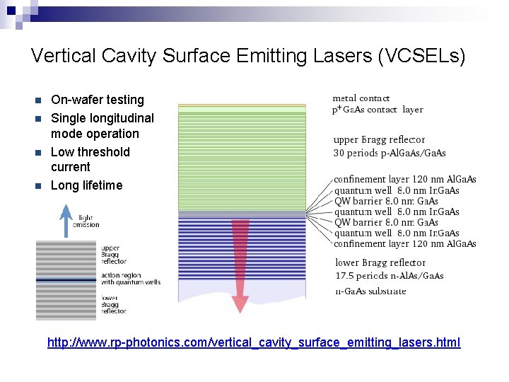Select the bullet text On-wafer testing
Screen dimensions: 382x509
tap(98, 100)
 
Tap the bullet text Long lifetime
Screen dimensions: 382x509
tap(86, 185)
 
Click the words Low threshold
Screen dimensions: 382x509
tap(90, 152)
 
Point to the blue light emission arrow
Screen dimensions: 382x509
tap(66, 219)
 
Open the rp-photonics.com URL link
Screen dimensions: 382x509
tap(253, 342)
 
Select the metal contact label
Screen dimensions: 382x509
tap(361, 98)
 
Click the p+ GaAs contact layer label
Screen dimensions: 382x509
tap(378, 110)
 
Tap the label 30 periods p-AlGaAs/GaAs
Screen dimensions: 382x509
tap(389, 153)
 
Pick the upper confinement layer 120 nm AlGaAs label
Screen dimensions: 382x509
tap(404, 180)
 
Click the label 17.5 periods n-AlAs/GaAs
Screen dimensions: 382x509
tap(389, 275)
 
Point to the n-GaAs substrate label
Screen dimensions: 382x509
tap(370, 291)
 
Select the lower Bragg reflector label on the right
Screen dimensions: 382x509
tap(380, 263)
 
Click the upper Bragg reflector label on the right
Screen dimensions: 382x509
tap(379, 140)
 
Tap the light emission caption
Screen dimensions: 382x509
tap(86, 221)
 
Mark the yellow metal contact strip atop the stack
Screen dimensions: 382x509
tap(242, 105)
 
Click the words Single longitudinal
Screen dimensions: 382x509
tap(102, 118)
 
